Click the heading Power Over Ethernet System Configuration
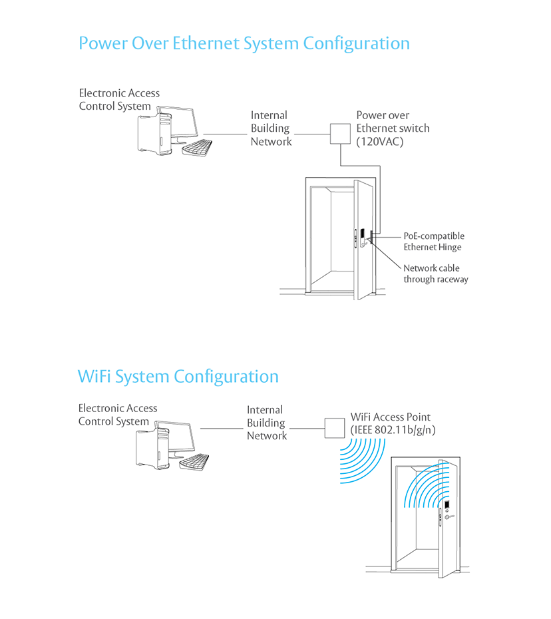(244, 44)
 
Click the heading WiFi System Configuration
(178, 377)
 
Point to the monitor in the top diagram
(181, 122)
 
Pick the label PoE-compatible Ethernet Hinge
(433, 242)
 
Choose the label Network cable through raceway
(435, 274)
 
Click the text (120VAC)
(379, 141)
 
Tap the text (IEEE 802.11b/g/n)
(393, 430)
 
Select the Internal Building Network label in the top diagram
(271, 128)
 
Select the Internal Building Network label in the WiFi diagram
(266, 423)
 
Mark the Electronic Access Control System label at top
(119, 100)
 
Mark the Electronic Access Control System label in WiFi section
(118, 415)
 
